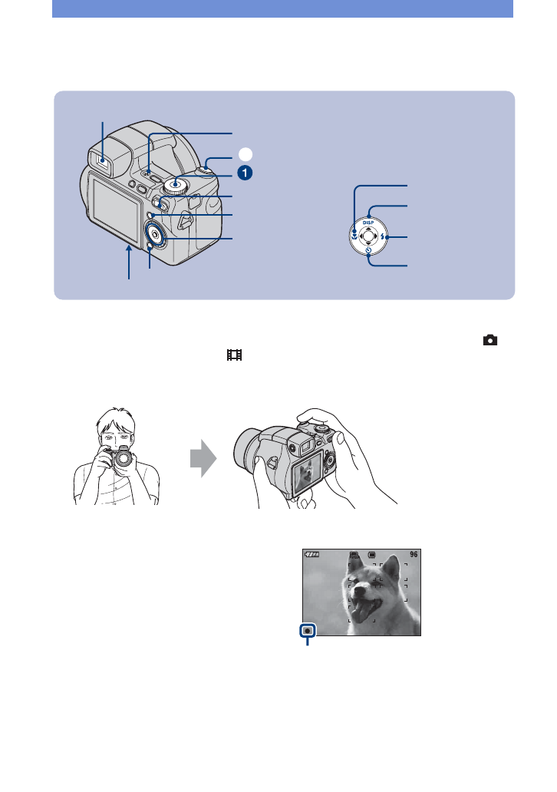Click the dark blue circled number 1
[245, 173]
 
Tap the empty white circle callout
[245, 154]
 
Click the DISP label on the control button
[368, 223]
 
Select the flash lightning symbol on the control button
[383, 236]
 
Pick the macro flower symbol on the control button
[355, 236]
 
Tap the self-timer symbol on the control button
[368, 249]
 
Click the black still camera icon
[489, 340]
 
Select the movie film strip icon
[234, 355]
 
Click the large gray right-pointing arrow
[203, 458]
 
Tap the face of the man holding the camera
[116, 434]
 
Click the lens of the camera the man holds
[122, 460]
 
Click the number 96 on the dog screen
[414, 554]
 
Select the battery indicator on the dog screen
[312, 554]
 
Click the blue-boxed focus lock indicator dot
[307, 631]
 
